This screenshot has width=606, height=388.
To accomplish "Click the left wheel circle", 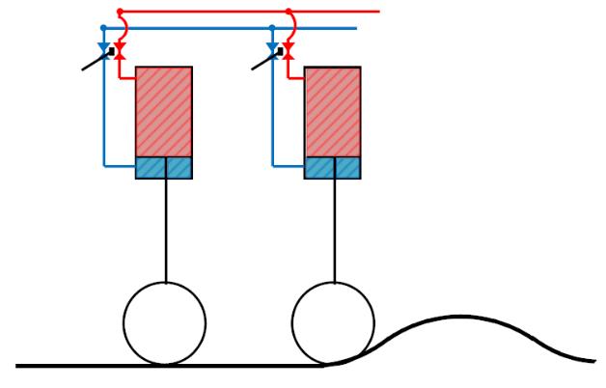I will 165,322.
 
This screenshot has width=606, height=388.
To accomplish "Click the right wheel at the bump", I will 333,322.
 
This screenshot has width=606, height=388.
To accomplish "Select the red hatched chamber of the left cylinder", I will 164,111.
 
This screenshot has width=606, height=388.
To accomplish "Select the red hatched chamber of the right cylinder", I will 333,111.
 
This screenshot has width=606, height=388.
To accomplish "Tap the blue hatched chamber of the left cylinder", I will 164,168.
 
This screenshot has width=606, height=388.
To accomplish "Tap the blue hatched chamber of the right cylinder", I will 333,168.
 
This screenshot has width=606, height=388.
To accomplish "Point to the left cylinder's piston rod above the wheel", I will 166,232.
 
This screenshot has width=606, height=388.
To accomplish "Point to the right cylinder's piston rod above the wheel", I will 334,232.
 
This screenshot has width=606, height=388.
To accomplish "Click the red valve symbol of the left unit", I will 120,52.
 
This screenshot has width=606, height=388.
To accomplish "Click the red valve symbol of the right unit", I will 288,52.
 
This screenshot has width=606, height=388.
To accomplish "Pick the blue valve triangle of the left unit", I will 104,47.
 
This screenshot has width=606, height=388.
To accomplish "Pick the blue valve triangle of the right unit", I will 272,47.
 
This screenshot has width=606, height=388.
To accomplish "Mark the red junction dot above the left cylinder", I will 120,13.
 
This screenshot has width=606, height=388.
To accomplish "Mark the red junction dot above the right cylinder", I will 288,13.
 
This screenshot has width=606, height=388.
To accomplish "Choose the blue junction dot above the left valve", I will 104,28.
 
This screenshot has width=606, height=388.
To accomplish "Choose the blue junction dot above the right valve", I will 272,28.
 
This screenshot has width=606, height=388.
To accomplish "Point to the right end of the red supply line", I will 378,13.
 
